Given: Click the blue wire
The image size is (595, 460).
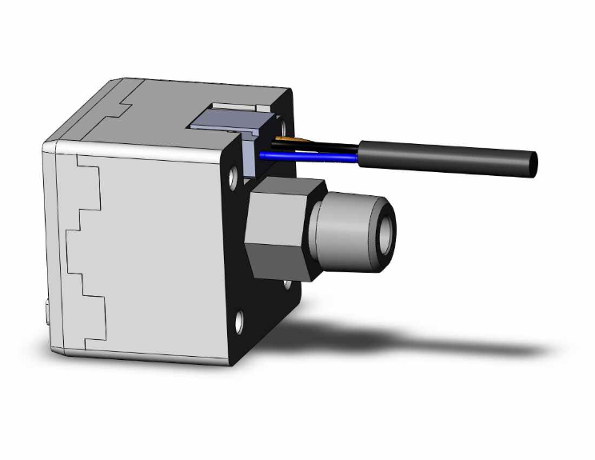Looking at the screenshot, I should point(312,156).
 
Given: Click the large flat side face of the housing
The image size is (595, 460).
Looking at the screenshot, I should point(160,248).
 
